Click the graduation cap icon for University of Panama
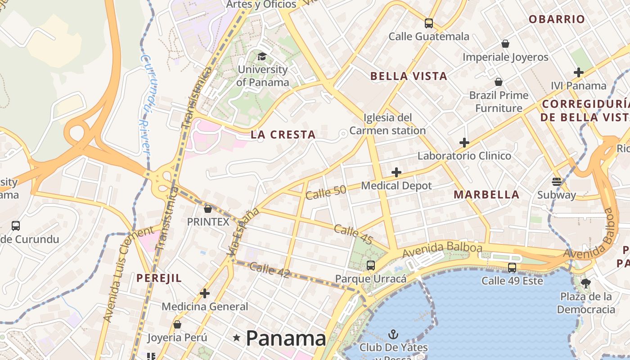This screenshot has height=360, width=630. point(262,57)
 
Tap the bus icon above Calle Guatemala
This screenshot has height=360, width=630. point(429,23)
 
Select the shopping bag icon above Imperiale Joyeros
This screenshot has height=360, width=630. point(505,44)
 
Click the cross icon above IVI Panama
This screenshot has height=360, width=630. point(579,72)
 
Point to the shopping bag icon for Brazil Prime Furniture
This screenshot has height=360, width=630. point(499,82)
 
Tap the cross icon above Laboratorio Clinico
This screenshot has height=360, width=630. point(464,143)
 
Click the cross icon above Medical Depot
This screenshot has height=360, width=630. point(396,172)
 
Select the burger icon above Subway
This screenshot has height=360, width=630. point(557,182)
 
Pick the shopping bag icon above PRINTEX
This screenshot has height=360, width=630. point(208,209)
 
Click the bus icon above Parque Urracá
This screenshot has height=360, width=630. point(371,265)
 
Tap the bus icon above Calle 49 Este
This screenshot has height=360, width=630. point(512,268)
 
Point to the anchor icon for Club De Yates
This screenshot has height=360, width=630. point(393,334)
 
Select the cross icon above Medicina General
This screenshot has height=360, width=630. point(205,294)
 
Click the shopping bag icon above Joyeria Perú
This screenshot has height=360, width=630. point(177,324)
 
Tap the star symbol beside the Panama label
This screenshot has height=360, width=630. point(237,338)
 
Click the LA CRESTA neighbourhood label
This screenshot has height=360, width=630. point(283,135)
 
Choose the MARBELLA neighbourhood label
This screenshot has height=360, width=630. point(486,195)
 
